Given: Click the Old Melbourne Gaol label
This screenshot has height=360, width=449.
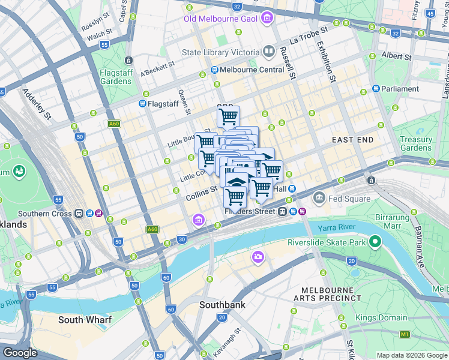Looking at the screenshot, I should tap(220, 19).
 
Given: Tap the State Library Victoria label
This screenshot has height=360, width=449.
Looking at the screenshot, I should tap(220, 52).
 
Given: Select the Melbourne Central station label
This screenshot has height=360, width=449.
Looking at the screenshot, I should tap(252, 70).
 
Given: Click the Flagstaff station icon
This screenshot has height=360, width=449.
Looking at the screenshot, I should tap(143, 103).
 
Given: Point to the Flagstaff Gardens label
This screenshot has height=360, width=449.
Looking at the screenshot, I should tap(116, 77).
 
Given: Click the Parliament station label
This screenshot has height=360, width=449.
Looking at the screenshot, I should tap(400, 89).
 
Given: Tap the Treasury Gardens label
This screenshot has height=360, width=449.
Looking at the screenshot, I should tap(416, 143).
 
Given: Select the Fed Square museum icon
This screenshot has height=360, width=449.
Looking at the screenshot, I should tap(319, 197).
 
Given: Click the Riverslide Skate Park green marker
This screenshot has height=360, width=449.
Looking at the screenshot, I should tap(376, 242).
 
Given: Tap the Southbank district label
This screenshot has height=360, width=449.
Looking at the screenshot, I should tap(222, 304).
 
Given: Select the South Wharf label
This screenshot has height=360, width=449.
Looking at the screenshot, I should tap(83, 320).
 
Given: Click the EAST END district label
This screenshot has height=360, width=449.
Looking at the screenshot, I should tap(352, 139).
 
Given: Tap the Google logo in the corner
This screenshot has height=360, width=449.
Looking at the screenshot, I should tap(20, 353).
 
